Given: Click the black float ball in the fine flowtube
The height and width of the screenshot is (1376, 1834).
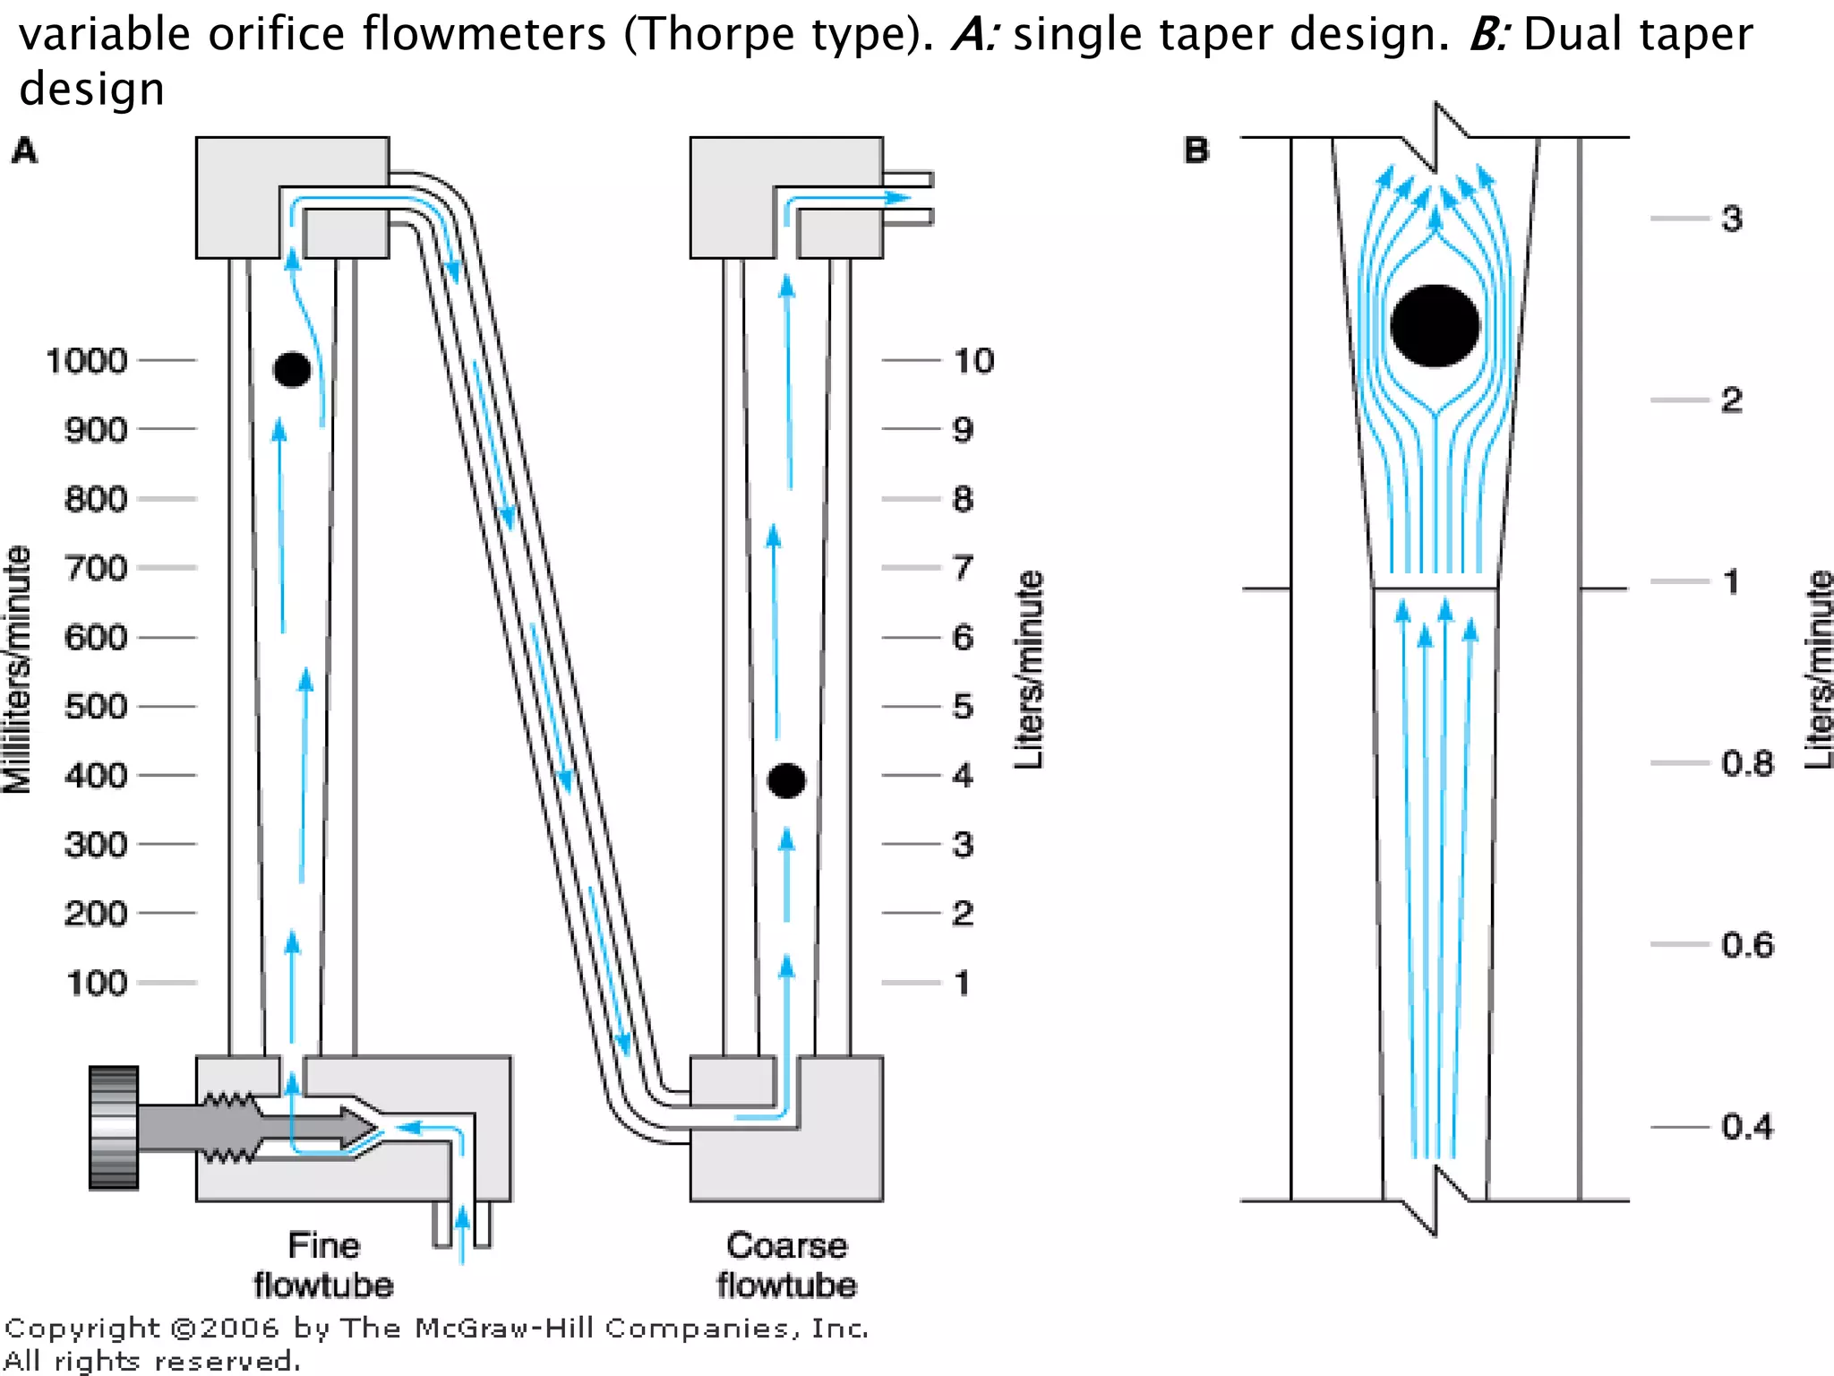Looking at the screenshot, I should point(292,369).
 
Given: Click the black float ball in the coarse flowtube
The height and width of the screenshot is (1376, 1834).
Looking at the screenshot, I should point(786,780).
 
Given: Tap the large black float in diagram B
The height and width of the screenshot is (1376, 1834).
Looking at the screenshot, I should point(1435,326).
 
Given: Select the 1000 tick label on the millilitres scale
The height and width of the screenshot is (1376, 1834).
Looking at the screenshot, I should point(87,361).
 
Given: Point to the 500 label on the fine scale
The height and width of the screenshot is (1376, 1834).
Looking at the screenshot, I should point(96,707).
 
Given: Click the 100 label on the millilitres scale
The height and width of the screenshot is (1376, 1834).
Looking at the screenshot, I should point(97,984).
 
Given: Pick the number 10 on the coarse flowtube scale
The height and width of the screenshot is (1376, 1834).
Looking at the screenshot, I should point(973,361).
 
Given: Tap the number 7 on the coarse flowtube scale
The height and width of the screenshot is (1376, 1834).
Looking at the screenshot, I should point(963,568).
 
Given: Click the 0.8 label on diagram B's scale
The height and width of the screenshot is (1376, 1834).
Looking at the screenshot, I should point(1746,764).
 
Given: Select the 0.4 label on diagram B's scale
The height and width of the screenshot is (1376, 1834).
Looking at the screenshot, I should point(1746,1127).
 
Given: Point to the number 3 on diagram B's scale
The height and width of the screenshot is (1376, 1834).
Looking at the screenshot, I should point(1731,219).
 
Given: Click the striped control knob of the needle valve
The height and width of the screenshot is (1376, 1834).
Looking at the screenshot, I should point(114,1127).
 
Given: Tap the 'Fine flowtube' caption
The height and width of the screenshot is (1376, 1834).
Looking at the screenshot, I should point(323,1265).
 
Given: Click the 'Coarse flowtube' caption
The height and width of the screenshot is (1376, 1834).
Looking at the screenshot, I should point(786,1265).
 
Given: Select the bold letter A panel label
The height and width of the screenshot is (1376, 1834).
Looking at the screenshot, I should point(24,150).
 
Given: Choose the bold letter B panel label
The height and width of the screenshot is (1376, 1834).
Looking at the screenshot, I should point(1196,150).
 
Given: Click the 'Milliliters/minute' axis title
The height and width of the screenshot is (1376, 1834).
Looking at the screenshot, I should point(18,669).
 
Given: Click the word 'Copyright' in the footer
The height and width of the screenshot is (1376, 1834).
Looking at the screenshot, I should point(82,1329).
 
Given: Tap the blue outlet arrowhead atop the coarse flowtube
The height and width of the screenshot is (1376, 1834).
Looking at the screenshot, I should point(898,197).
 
